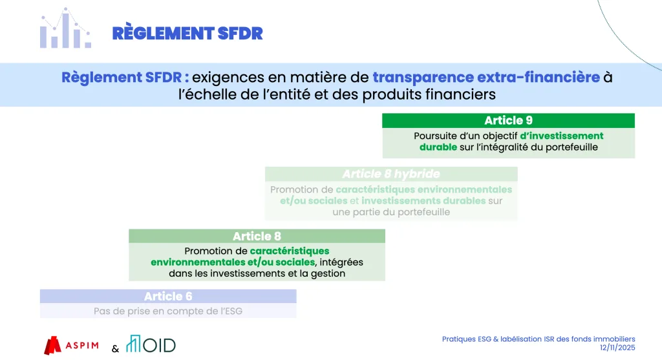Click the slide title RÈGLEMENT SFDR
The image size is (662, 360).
pos(187,34)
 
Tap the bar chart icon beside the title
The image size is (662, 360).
pos(65,28)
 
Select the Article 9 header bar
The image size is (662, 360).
pos(508,121)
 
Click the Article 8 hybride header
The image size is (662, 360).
pos(391,174)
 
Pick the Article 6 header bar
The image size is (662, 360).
pos(168,296)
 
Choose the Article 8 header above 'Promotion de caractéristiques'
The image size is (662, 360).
pos(257,236)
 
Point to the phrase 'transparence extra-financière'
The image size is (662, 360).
pos(486,77)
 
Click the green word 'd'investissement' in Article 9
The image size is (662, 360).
pos(562,136)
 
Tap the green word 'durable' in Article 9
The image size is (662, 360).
pos(438,147)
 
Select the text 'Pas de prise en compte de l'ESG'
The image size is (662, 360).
pos(168,311)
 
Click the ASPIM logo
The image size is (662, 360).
pos(71,345)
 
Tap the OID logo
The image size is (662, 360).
pos(151,344)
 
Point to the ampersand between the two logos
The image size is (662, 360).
pos(115,348)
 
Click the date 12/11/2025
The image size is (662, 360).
pos(617,348)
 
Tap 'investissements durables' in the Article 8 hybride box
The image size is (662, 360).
pos(423,201)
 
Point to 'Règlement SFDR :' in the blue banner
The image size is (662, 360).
pos(125,78)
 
